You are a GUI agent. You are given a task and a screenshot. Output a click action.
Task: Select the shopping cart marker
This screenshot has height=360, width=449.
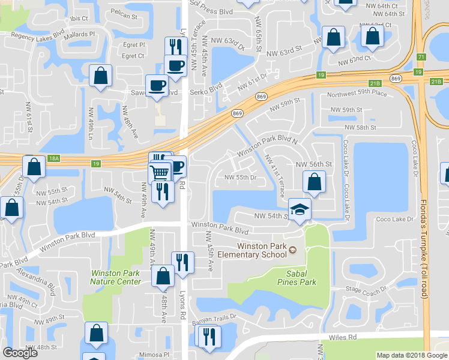click(159, 173)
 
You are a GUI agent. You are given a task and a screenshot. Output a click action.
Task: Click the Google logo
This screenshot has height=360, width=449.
click(20, 353)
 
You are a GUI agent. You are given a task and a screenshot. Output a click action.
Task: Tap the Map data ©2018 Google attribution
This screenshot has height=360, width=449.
click(411, 355)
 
